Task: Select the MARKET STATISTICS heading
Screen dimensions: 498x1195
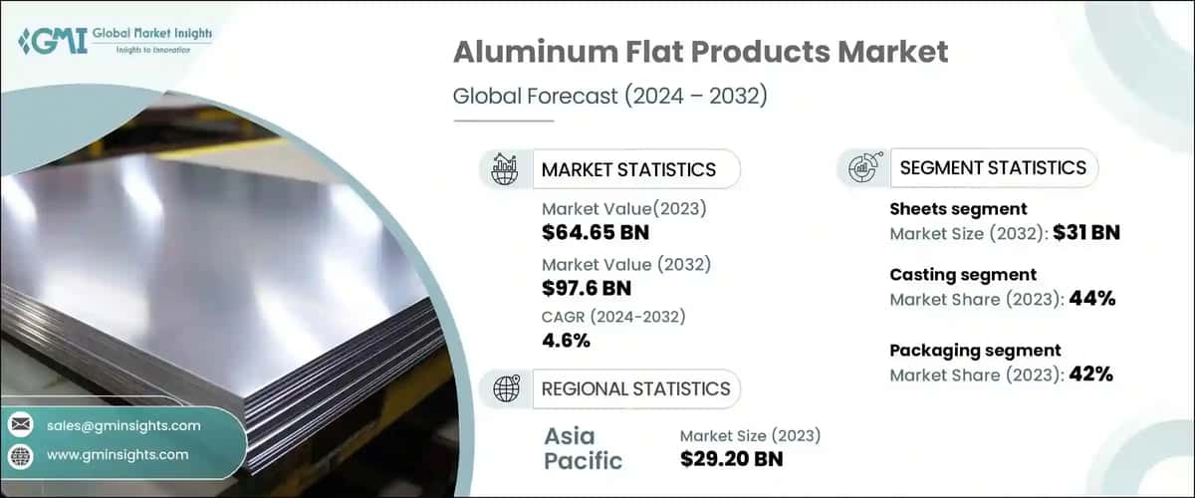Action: pos(627,169)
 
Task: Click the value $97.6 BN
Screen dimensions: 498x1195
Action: pos(587,289)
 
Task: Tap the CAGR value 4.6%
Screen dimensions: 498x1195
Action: pos(566,341)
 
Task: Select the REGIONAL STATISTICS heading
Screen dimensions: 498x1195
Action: pos(635,388)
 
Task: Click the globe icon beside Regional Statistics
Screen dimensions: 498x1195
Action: pos(506,388)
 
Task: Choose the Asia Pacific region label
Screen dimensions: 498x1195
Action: pos(583,447)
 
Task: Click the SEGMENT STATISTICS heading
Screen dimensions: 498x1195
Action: pos(992,167)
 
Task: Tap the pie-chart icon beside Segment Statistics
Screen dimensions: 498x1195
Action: pos(861,168)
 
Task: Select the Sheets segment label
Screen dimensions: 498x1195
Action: pos(957,209)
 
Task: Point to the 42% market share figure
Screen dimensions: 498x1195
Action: pos(1090,374)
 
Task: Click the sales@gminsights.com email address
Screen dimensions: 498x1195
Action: pos(123,425)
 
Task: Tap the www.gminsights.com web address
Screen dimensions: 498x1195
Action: pos(118,454)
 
